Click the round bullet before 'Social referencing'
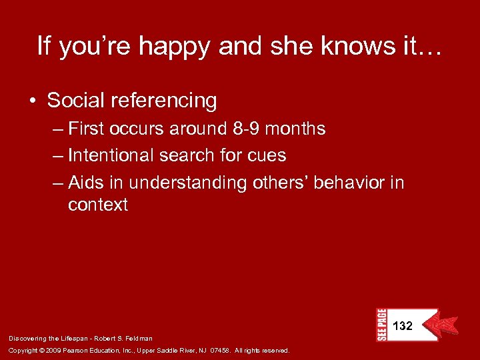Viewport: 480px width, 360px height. click(x=33, y=101)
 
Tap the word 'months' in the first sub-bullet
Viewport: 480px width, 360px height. click(x=299, y=129)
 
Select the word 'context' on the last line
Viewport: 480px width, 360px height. click(x=98, y=205)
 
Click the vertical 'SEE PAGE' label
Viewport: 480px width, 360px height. click(x=381, y=325)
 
